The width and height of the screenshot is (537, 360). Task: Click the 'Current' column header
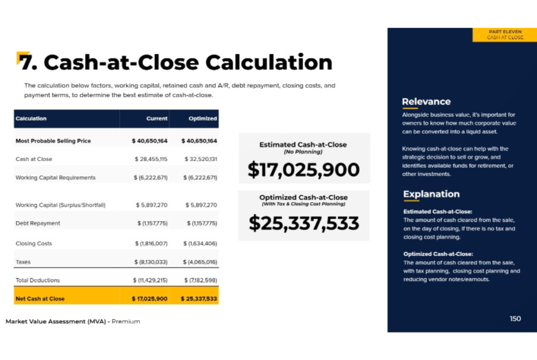157,119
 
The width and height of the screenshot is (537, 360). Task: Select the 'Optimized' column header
203,119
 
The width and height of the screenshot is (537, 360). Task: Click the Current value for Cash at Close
151,159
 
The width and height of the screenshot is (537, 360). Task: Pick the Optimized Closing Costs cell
200,243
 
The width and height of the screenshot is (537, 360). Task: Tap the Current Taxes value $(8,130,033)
151,262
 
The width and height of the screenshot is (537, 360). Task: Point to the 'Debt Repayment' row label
38,223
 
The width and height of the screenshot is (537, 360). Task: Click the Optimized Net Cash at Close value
199,299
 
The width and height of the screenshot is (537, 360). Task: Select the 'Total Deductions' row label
38,280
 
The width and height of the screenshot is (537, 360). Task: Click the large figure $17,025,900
304,170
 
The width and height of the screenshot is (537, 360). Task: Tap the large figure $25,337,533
304,223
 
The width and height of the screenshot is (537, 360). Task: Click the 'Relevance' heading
426,101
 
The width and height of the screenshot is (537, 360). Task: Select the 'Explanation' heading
431,194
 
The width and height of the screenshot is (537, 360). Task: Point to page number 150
515,319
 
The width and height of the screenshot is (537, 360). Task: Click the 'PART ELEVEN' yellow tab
505,35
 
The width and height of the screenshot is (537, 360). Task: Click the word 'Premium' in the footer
126,322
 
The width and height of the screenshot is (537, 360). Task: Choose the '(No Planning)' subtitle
303,152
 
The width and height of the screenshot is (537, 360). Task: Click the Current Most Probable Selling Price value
149,141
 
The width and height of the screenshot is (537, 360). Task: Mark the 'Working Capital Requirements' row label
56,177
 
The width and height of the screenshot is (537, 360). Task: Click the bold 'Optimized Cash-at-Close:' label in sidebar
438,254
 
